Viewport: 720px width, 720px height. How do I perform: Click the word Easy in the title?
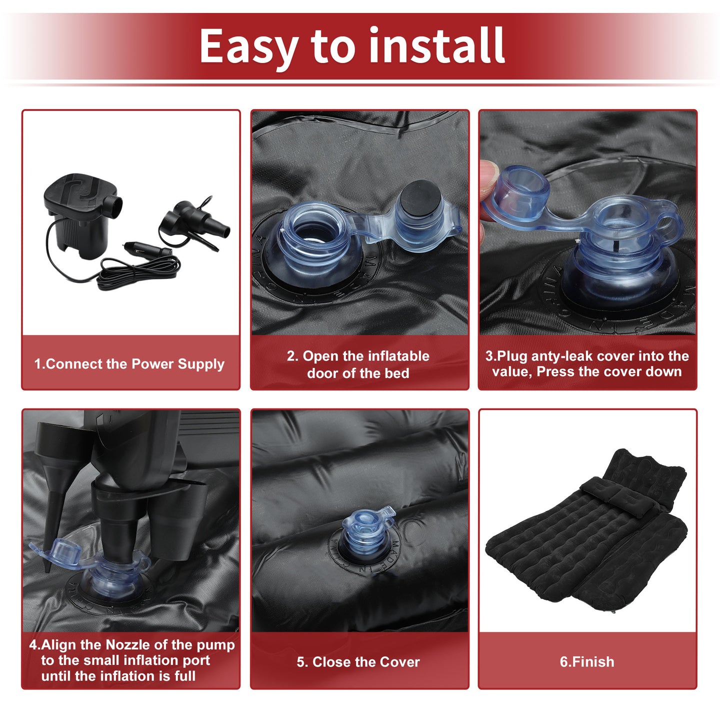249,46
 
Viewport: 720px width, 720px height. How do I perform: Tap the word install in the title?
437,45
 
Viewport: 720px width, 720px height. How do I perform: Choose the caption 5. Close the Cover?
358,661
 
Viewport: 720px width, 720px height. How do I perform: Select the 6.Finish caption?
587,661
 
